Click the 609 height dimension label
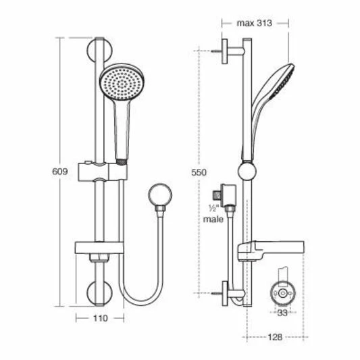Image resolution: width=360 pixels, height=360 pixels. (60, 173)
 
